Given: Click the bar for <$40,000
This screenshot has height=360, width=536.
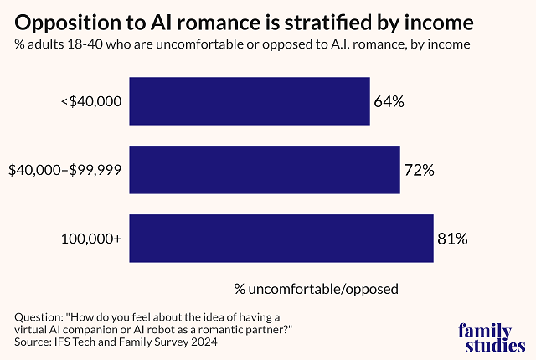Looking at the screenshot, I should [250, 101].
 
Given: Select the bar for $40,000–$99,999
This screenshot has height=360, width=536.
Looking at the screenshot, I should [265, 170].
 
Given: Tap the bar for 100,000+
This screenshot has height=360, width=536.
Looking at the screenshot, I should [281, 239].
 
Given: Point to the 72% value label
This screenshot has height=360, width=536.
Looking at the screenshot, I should [419, 171].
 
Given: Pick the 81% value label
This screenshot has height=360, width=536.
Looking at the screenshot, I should [452, 239].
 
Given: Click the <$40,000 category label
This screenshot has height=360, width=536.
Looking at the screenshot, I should [91, 102].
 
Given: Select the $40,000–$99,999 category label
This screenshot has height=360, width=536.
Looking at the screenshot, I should [64, 171].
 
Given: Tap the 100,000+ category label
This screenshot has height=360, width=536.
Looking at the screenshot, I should [91, 239].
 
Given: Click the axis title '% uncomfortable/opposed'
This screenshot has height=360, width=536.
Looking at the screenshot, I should [316, 289].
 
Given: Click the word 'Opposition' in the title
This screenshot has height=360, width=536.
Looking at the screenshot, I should [64, 20].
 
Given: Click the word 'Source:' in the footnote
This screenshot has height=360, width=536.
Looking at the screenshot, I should [36, 343].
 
